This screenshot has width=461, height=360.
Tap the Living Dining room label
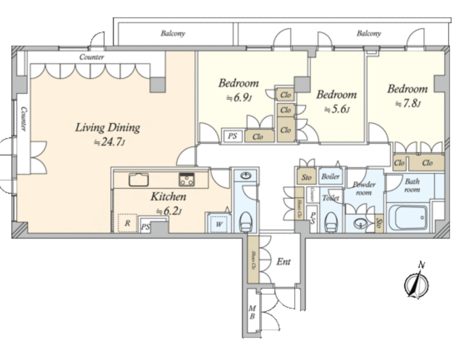tap(107, 128)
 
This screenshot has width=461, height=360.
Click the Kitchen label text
tap(168, 197)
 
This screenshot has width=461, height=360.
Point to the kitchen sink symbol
tap(138, 180)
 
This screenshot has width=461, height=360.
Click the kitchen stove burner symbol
tap(186, 180)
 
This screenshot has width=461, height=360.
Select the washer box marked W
tap(218, 224)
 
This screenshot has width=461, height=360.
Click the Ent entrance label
tap(284, 262)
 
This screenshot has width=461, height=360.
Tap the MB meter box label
tap(252, 312)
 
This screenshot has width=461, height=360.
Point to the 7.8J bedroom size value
tap(407, 103)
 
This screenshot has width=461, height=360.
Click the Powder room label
tap(364, 189)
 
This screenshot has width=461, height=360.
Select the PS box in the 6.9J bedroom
tap(233, 136)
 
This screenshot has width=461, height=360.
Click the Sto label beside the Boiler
tap(307, 178)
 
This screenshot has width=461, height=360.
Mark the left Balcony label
tap(173, 34)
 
